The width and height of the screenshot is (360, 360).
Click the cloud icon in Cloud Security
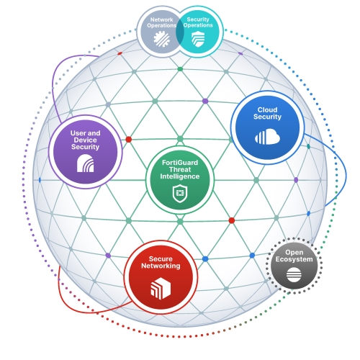[x=267, y=136]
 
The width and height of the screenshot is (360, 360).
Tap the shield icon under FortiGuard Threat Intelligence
[x=180, y=194]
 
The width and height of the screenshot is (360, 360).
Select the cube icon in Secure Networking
[x=161, y=288]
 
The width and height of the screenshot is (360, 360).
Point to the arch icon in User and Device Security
[x=85, y=163]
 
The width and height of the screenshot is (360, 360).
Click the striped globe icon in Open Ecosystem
[x=294, y=275]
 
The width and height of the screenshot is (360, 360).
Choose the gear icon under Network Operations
[x=161, y=39]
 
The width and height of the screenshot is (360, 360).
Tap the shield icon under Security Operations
[x=198, y=39]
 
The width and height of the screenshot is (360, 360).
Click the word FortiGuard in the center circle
[x=180, y=163]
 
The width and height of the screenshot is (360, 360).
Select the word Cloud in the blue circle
[x=267, y=109]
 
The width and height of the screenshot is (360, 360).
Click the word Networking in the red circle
[x=161, y=266]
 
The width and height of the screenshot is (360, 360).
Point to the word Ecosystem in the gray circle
[x=294, y=259]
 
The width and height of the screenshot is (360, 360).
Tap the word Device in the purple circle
[x=85, y=140]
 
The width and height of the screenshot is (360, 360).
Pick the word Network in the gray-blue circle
[x=162, y=19]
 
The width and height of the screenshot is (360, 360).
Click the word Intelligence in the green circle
[x=180, y=176]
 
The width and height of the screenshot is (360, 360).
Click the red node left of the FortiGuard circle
[x=129, y=139]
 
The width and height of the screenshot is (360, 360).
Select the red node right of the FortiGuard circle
[x=232, y=220]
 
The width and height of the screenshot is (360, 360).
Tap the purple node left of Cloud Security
[x=205, y=101]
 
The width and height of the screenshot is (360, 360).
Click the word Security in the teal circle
[x=198, y=19]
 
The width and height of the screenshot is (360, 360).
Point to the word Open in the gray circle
[x=294, y=253]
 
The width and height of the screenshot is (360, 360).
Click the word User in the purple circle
[x=78, y=133]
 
